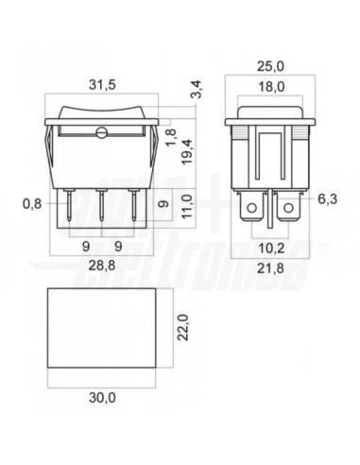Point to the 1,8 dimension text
pos(171,138)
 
